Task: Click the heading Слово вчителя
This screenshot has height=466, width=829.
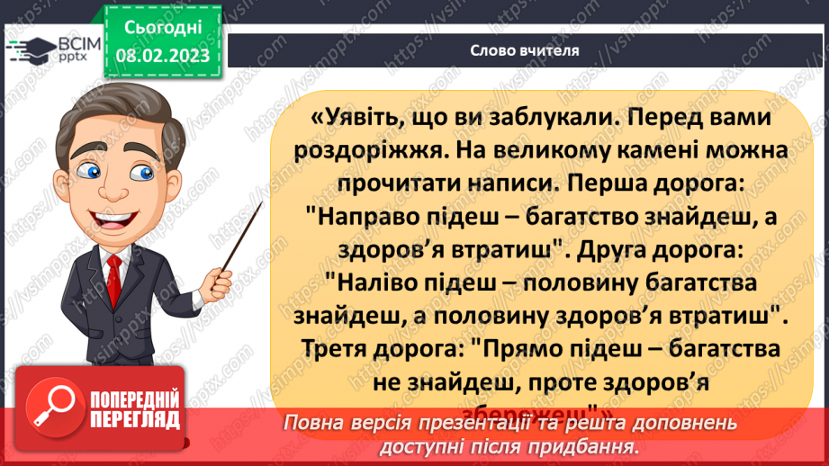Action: tap(524, 50)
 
